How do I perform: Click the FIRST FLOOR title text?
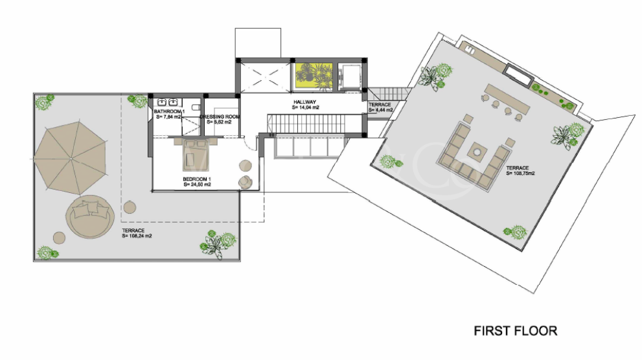tap(515, 331)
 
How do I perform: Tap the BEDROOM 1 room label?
tap(196, 179)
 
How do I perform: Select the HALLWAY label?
tap(304, 102)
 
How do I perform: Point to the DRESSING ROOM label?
tap(220, 116)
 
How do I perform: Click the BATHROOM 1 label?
tap(169, 111)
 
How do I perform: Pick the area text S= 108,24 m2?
tap(137, 236)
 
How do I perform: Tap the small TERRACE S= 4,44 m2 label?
tap(381, 110)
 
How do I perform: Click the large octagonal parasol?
tap(69, 158)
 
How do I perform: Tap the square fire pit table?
tap(476, 152)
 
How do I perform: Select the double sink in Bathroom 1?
tap(168, 102)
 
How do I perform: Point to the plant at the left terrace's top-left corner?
tap(45, 102)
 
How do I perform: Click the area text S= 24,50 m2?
tap(197, 185)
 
